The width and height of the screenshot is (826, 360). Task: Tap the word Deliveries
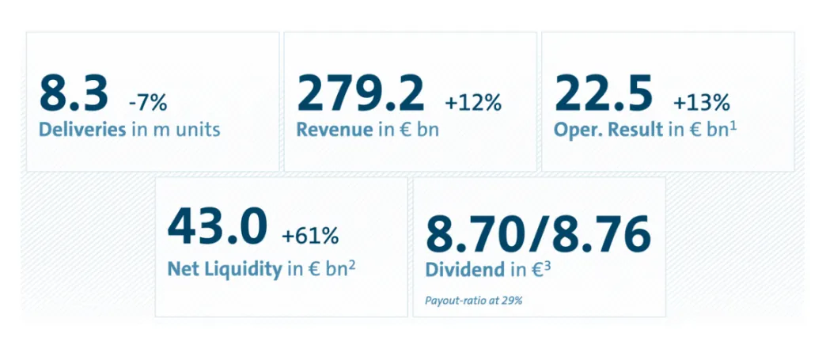[82, 129]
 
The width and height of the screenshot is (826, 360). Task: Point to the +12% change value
[473, 102]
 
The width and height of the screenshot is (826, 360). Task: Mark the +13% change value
[702, 102]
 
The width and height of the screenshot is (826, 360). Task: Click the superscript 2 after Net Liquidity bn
[350, 263]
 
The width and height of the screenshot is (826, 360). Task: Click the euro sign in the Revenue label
[407, 129]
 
